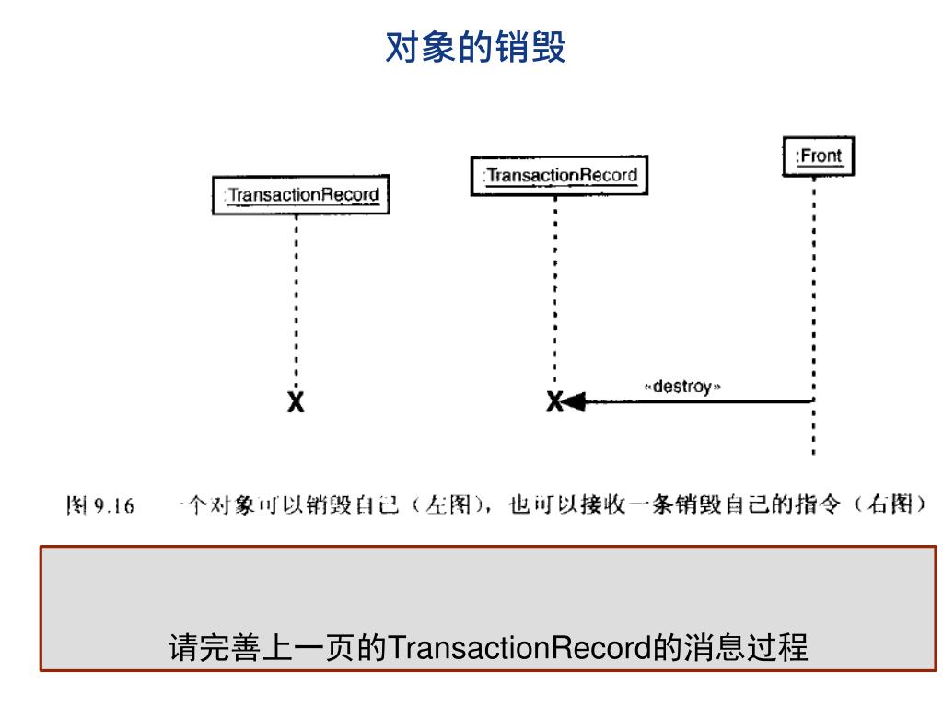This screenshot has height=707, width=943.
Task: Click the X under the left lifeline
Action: coord(296,401)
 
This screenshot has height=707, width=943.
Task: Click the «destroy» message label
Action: coord(681,387)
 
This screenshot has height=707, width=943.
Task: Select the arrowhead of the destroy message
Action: coord(575,401)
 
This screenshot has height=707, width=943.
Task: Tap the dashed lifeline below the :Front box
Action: coord(814,276)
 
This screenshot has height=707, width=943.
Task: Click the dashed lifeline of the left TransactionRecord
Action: coord(297,295)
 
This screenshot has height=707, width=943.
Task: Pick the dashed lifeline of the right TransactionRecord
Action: coord(555,285)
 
